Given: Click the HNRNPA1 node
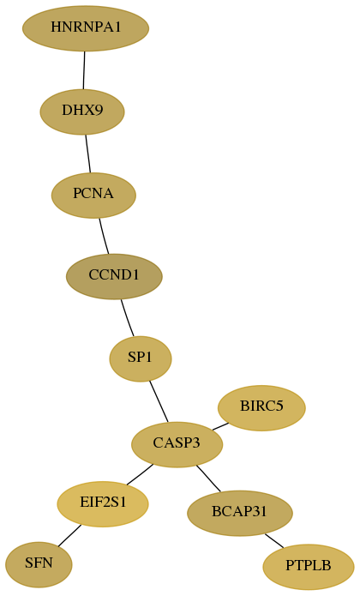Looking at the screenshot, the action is click(x=86, y=28).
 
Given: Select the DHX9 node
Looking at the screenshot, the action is click(x=82, y=111).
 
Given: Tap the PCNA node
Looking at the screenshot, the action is click(x=93, y=196).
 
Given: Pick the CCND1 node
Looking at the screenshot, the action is click(x=114, y=276).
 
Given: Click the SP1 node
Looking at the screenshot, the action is click(x=141, y=358).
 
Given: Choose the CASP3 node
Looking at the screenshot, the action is click(x=177, y=444).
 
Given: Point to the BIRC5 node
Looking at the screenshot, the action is click(x=261, y=408).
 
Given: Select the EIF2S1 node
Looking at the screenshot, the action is click(x=103, y=504).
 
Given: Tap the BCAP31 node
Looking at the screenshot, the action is click(x=240, y=513).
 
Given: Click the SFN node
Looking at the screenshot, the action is click(x=39, y=565).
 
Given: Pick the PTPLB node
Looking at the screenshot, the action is click(x=309, y=567).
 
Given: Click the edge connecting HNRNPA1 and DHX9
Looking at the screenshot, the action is click(x=84, y=70).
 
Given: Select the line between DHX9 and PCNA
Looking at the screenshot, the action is click(x=88, y=154).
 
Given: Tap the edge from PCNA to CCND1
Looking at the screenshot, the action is click(x=104, y=236).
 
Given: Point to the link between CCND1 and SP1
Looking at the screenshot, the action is click(x=127, y=318).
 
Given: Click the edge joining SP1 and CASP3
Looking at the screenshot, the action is click(x=159, y=402).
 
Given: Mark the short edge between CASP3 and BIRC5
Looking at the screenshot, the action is click(x=220, y=426).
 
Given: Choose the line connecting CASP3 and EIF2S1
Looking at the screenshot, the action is click(x=140, y=474).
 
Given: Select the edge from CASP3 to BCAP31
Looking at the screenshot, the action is click(x=208, y=479).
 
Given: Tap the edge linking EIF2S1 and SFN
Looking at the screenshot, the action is click(x=69, y=536).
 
